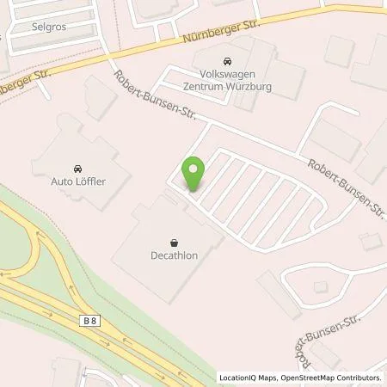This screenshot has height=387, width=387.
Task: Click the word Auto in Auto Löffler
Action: [64, 181]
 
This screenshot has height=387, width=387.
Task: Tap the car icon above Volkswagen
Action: [227, 61]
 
